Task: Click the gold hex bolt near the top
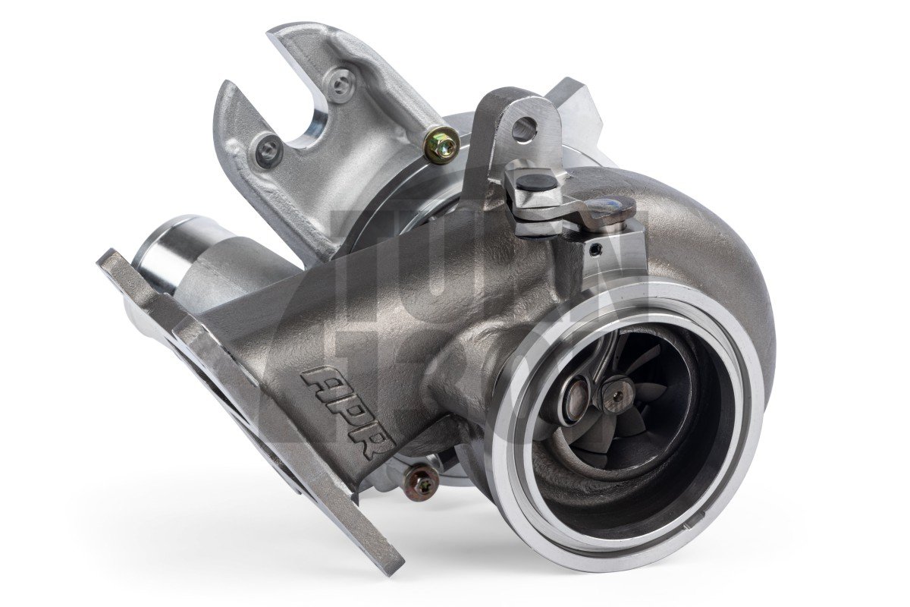[x=440, y=146]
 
